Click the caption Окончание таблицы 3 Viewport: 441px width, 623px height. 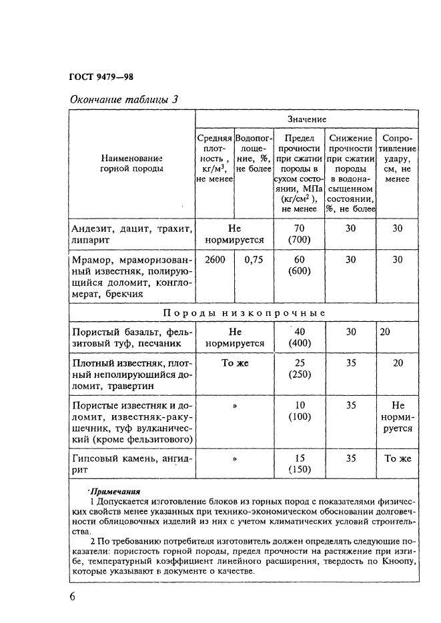124,100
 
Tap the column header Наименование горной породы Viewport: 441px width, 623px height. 131,164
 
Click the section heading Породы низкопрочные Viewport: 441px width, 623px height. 244,312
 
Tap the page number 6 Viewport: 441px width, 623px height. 72,596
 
